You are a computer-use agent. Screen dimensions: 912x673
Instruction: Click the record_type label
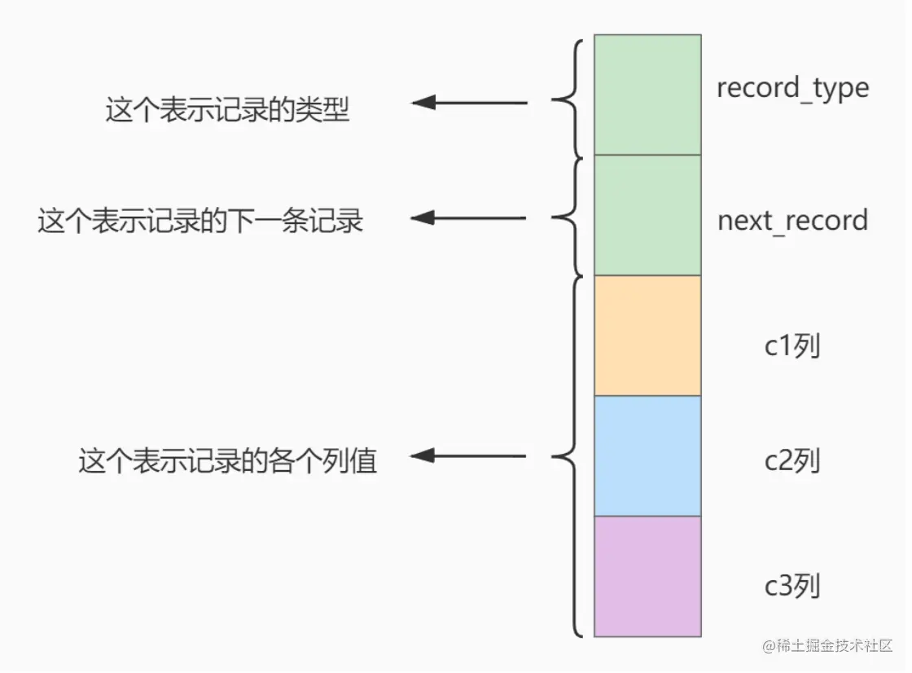[793, 89]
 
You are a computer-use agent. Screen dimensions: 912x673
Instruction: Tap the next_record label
[793, 222]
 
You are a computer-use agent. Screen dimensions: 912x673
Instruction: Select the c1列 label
[792, 345]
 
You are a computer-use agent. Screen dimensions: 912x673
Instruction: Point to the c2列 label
[792, 460]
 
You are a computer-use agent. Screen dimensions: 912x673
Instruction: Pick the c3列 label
[792, 586]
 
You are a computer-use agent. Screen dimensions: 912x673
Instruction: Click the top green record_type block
[647, 95]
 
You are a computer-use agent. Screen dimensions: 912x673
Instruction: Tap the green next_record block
[647, 215]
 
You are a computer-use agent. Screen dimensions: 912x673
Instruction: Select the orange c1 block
[647, 336]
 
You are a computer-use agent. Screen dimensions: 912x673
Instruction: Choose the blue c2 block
[647, 456]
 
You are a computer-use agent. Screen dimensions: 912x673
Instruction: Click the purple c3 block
[647, 577]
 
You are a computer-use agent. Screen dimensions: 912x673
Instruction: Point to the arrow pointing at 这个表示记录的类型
[469, 103]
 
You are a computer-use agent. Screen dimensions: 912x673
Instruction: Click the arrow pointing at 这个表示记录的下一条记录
[468, 218]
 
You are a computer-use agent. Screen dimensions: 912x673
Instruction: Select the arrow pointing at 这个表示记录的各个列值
[468, 455]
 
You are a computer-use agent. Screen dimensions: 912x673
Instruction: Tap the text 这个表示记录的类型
[227, 109]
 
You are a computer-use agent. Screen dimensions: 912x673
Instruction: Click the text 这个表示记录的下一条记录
[200, 222]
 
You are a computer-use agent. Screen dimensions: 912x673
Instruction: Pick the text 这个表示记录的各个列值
[228, 461]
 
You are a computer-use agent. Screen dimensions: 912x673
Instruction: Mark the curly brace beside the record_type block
[567, 99]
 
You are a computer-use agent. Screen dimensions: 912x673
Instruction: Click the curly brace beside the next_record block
[567, 217]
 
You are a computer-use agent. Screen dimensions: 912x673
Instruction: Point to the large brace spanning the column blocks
[567, 456]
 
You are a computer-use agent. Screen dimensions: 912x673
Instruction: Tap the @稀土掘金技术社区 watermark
[827, 645]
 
